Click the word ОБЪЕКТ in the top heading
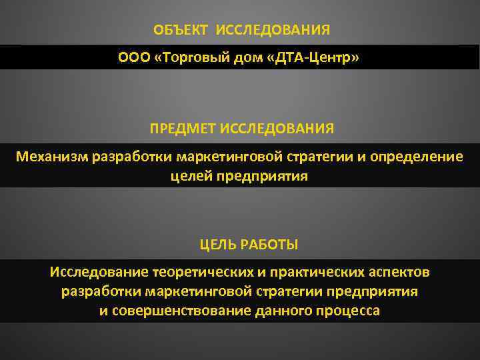(179, 30)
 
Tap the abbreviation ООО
(133, 57)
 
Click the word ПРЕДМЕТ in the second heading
(183, 127)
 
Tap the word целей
(194, 176)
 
